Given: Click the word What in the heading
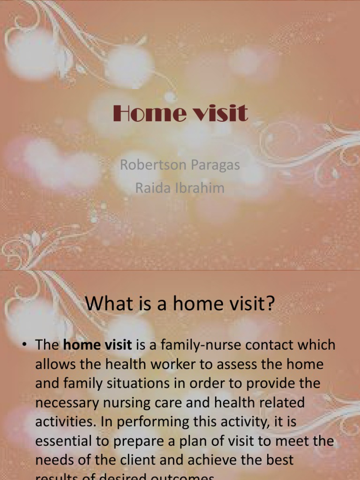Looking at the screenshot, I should pos(105,305).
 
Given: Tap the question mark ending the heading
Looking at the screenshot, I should pos(269,305).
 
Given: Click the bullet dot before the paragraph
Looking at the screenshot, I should pos(23,345).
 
